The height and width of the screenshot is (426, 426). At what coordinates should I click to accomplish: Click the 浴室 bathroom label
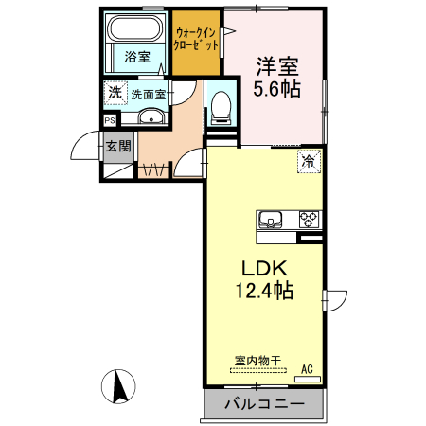tap(137, 57)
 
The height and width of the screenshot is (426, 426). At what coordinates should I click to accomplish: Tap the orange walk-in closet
tap(197, 42)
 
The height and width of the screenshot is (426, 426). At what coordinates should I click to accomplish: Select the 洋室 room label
tap(276, 66)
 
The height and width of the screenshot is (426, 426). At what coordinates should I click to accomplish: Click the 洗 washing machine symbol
tap(115, 93)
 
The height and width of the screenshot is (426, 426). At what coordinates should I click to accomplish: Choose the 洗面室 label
tap(149, 95)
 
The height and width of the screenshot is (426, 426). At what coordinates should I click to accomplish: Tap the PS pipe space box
tap(110, 120)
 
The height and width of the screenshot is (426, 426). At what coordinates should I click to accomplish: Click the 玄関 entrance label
tap(118, 147)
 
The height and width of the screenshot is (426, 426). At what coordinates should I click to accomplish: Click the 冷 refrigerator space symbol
tap(309, 161)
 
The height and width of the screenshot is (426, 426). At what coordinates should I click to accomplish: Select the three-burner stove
tap(309, 221)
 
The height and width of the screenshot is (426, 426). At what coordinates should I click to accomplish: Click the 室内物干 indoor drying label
tap(257, 360)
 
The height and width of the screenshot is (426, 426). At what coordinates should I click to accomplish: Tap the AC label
tap(307, 368)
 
